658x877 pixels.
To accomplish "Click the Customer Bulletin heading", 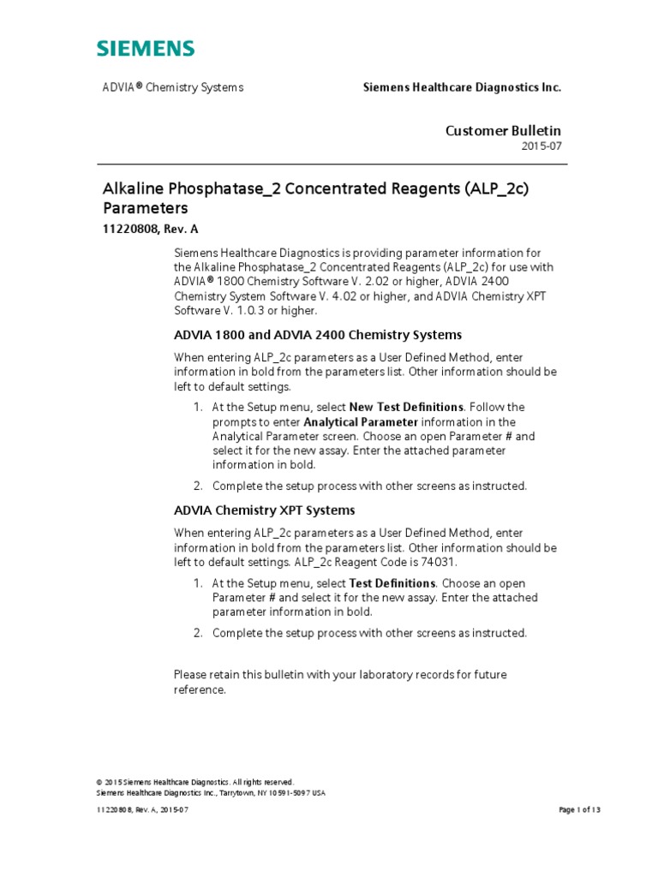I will (x=503, y=130).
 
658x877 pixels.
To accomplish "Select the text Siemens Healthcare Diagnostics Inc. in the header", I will (x=462, y=87).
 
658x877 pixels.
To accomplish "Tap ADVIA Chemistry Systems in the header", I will (x=173, y=87).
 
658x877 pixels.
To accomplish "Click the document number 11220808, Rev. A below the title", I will (x=151, y=229).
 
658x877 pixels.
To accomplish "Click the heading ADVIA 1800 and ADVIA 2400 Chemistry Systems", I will (x=318, y=335).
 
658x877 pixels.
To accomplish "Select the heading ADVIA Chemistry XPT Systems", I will (x=264, y=510).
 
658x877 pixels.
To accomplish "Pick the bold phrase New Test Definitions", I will (x=407, y=407).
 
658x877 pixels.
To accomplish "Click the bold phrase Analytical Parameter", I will (x=361, y=422).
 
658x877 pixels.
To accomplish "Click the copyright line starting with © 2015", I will (x=196, y=782).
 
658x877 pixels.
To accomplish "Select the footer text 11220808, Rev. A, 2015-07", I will (x=142, y=810).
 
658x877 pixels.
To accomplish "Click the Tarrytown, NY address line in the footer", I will (x=211, y=793).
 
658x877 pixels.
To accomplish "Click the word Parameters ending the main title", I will (x=145, y=208).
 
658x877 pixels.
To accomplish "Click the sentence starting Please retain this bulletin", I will (x=339, y=675).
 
